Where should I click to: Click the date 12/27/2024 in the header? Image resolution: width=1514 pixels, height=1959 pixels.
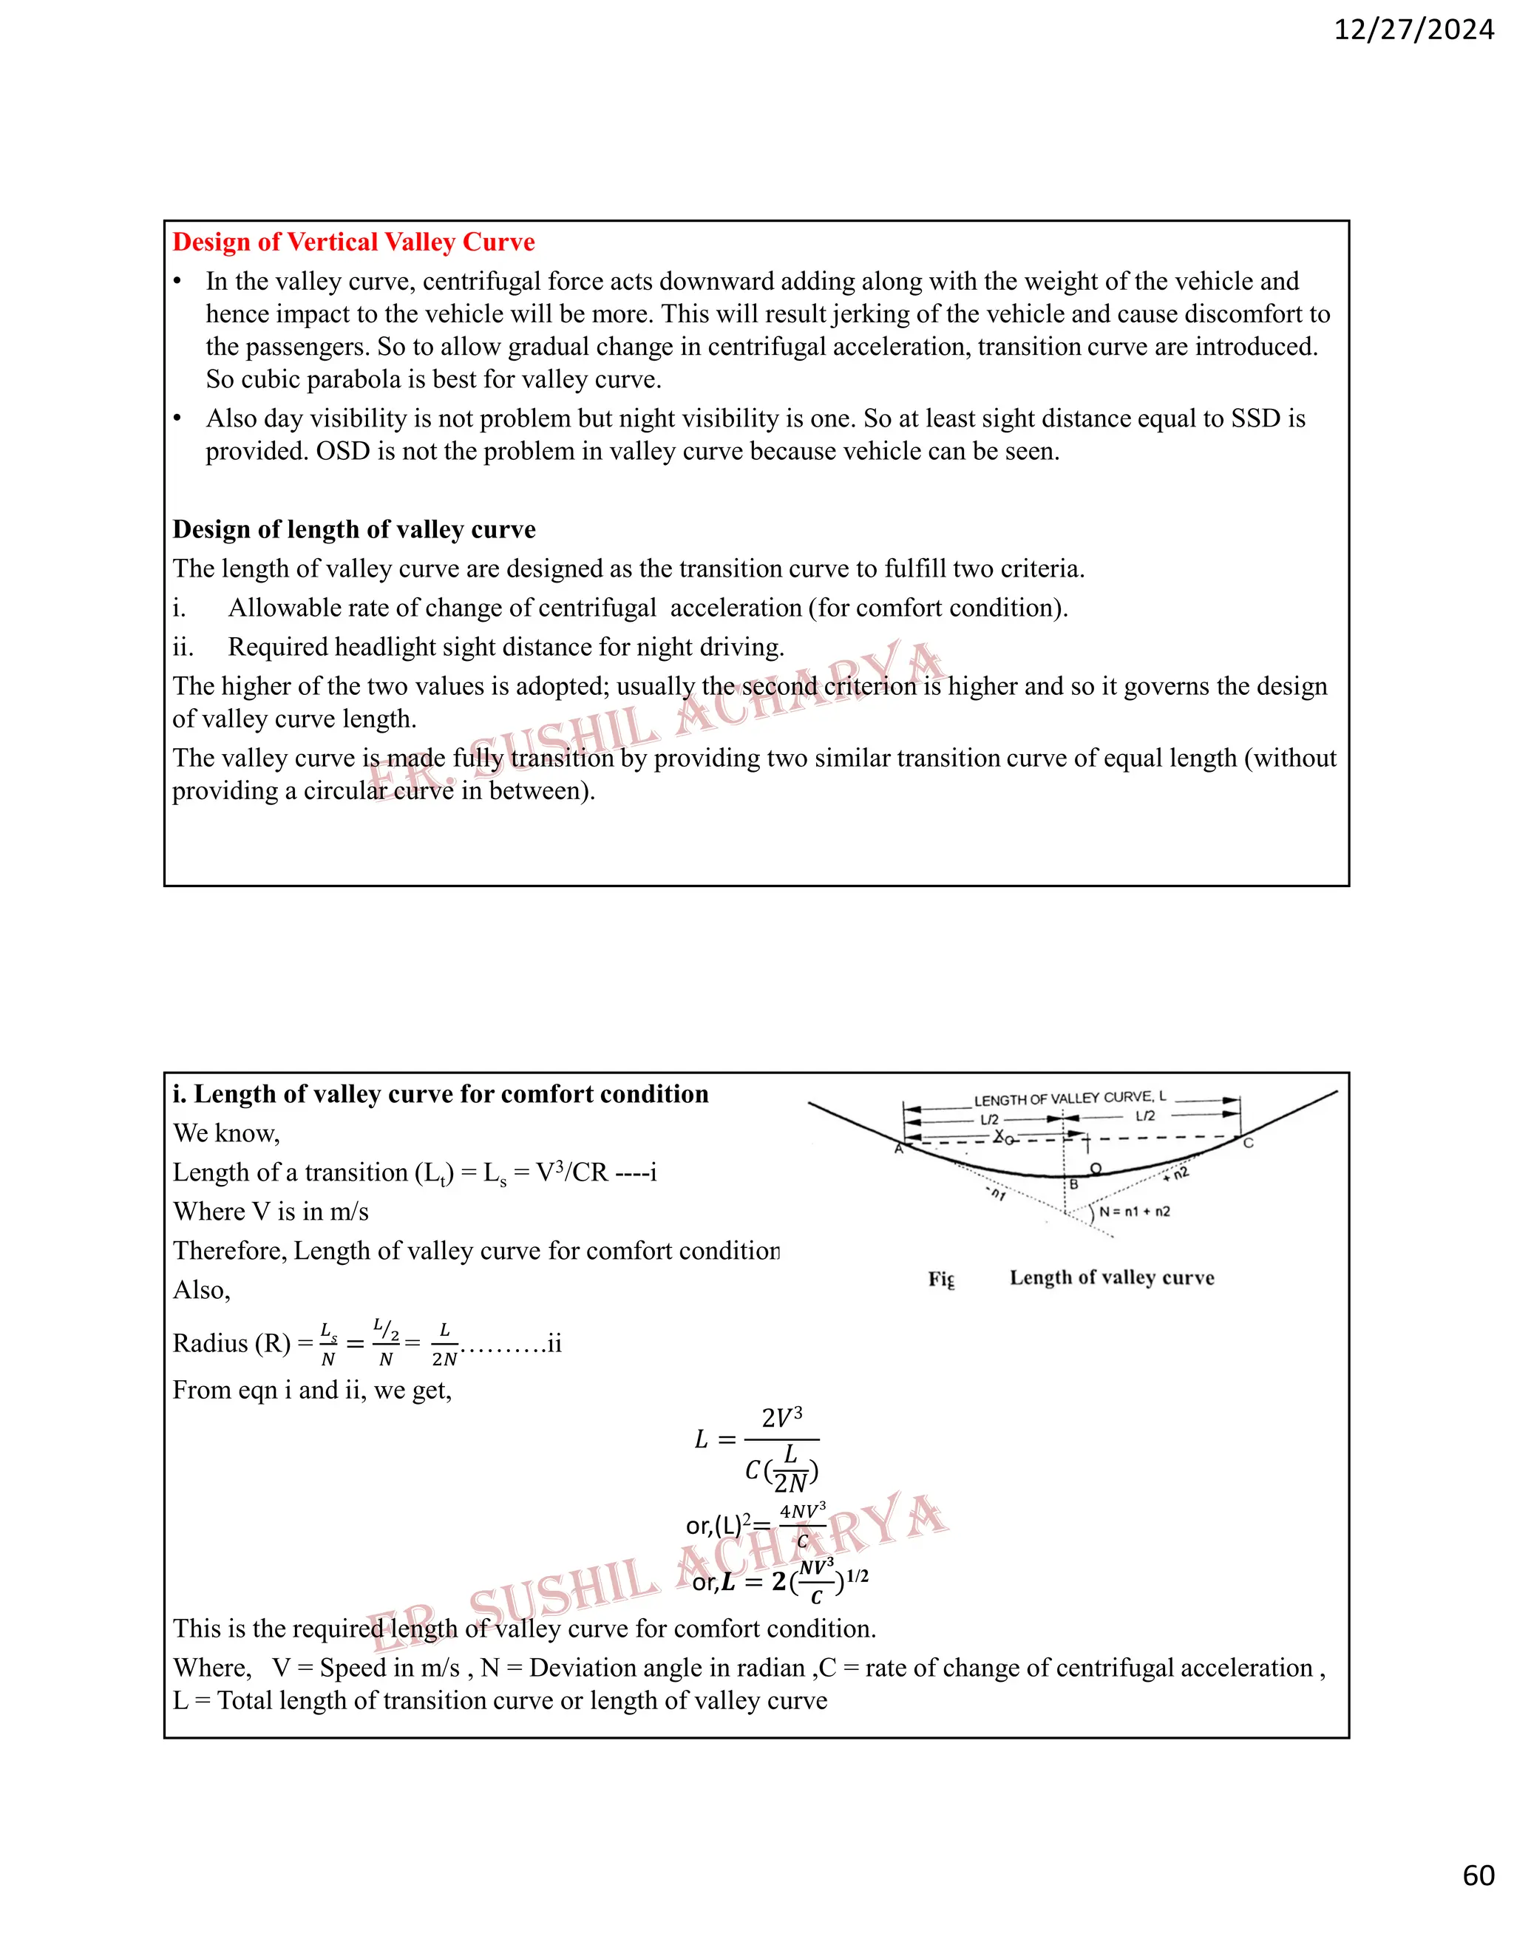(x=1413, y=30)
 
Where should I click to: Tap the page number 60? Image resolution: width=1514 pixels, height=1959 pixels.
(x=1478, y=1875)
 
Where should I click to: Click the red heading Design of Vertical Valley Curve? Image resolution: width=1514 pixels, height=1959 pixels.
(x=353, y=242)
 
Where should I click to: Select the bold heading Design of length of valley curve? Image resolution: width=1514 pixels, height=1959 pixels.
(x=353, y=529)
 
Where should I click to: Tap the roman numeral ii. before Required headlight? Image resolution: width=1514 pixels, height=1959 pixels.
(x=183, y=647)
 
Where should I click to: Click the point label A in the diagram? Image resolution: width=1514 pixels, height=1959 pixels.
(x=899, y=1149)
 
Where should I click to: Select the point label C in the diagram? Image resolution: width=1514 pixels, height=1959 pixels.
(x=1248, y=1144)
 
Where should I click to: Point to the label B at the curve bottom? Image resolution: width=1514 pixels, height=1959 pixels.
(x=1073, y=1184)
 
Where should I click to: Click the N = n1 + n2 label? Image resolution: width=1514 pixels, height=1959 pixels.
(x=1135, y=1212)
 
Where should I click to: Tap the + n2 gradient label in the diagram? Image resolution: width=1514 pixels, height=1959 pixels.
(x=1176, y=1173)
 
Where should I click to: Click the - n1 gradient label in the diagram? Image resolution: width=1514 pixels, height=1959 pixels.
(x=997, y=1194)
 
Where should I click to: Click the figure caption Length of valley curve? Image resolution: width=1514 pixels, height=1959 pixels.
(x=1111, y=1277)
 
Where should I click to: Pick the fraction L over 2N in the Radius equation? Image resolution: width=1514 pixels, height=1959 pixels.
(x=444, y=1344)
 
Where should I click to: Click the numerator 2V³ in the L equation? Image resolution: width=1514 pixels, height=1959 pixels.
(x=781, y=1418)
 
